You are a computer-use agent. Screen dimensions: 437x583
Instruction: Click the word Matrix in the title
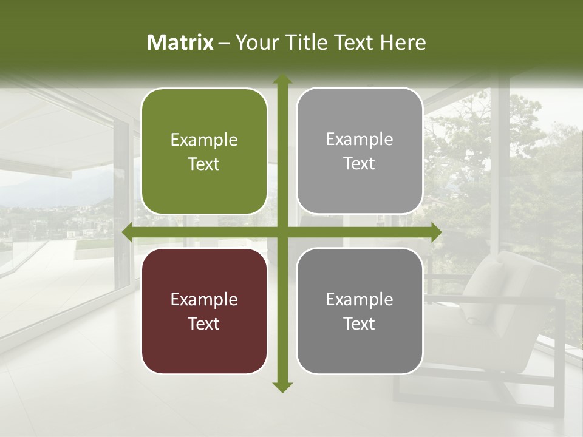[180, 42]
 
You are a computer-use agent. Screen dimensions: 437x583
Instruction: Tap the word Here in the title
[403, 42]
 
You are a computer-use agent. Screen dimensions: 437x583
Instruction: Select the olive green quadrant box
[204, 152]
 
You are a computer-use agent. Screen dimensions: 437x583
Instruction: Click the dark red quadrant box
[204, 311]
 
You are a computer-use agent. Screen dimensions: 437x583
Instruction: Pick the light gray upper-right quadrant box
[360, 151]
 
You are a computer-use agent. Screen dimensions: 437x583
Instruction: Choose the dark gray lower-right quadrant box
[360, 311]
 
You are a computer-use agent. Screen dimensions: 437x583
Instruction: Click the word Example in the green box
[204, 140]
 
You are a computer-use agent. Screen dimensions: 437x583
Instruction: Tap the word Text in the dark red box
[204, 324]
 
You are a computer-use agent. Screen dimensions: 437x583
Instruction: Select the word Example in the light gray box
[360, 140]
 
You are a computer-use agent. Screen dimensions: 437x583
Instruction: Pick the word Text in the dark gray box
[360, 324]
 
